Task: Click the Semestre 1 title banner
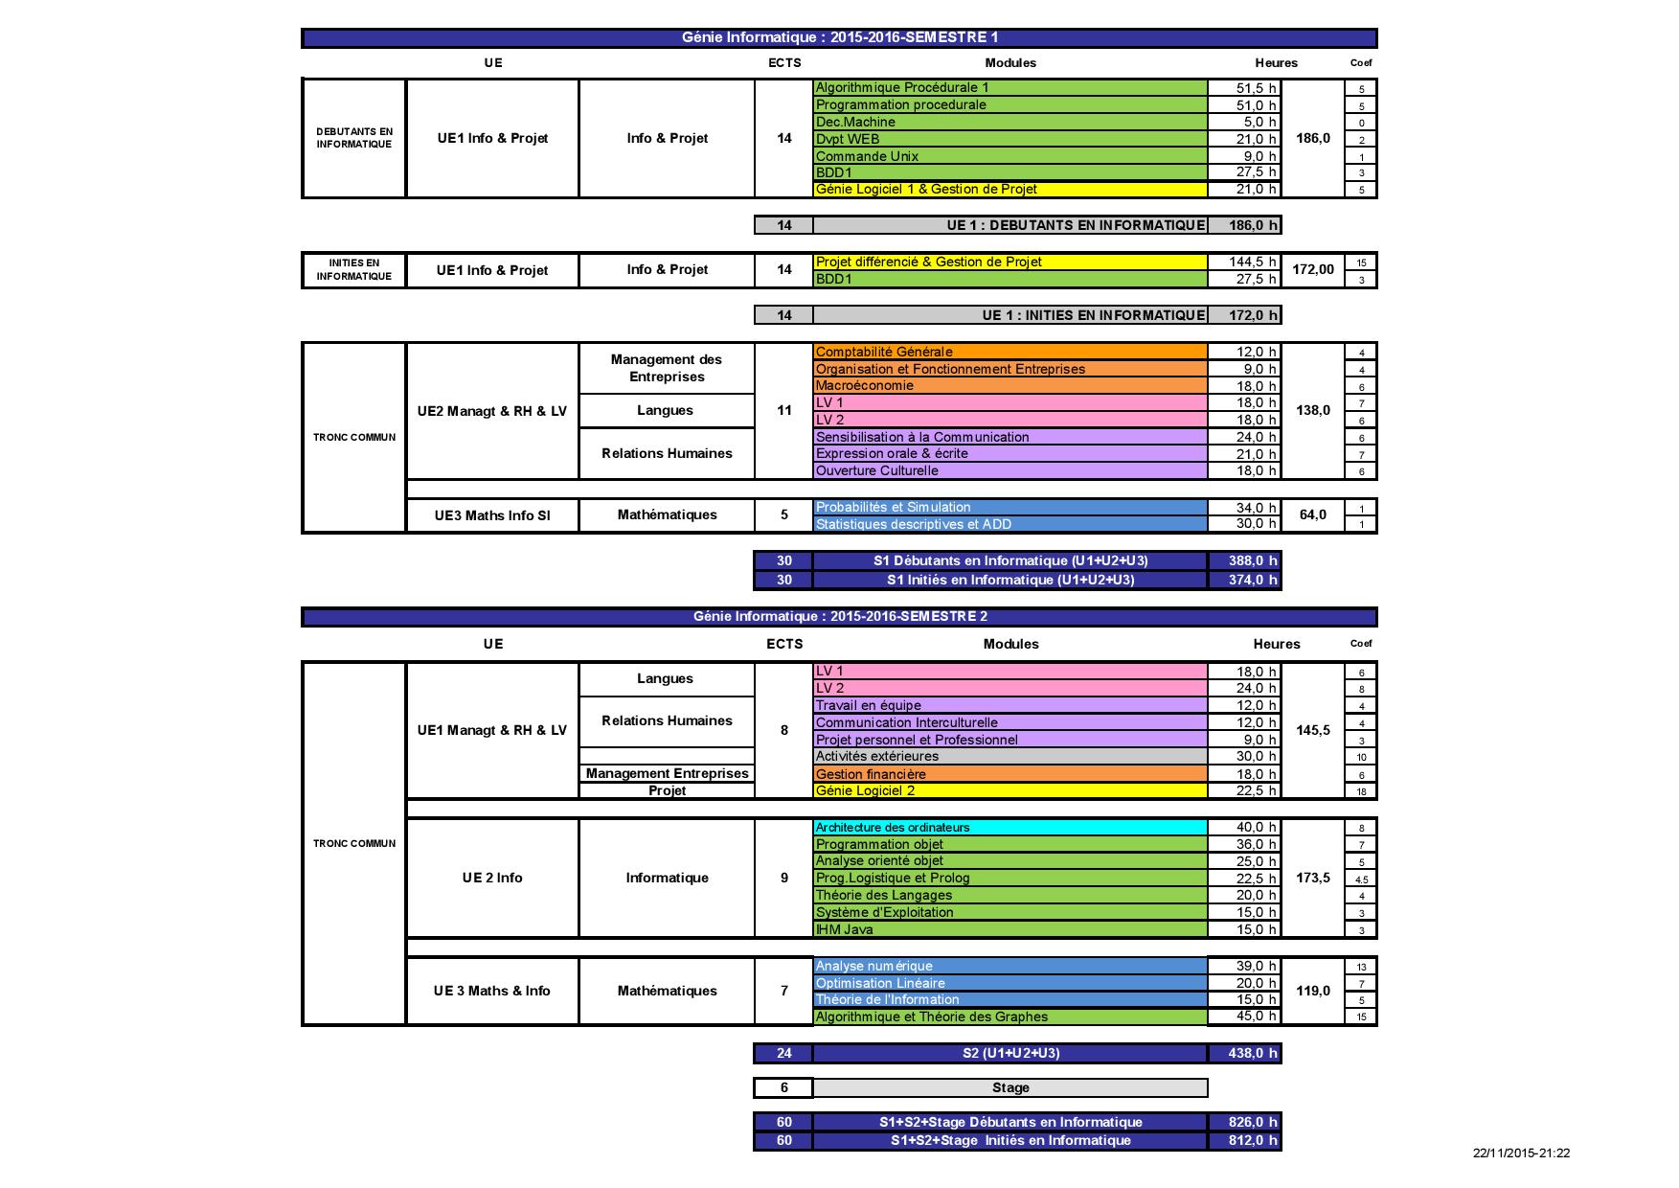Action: [x=839, y=37]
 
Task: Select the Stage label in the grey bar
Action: [x=1010, y=1087]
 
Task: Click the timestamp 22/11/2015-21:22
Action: [x=1521, y=1154]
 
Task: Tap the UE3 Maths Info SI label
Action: [x=492, y=515]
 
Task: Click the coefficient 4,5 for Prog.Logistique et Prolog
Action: [x=1361, y=879]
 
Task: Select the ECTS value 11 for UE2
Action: [x=784, y=410]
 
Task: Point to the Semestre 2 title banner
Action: [x=839, y=616]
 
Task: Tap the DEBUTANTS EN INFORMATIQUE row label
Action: [x=354, y=138]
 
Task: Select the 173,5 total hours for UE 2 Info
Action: [x=1312, y=878]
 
